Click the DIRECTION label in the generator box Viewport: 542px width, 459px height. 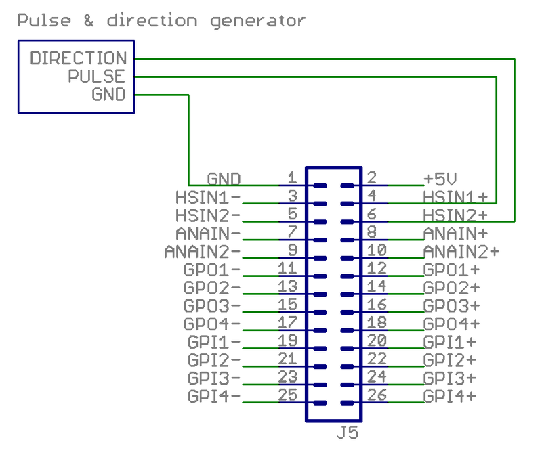[78, 58]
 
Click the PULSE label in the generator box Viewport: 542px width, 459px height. [96, 76]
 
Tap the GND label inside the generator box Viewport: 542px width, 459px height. [108, 95]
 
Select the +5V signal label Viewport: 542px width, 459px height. [440, 179]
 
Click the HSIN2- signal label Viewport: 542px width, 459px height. [208, 215]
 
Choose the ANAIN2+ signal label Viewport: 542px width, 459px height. [461, 252]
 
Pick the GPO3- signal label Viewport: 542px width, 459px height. [212, 305]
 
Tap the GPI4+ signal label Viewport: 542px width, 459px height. [450, 395]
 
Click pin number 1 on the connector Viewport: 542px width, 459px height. [292, 178]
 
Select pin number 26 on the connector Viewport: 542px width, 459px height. [377, 394]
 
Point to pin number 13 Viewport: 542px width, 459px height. [287, 286]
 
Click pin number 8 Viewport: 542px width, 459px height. [372, 232]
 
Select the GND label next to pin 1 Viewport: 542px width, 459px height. [224, 179]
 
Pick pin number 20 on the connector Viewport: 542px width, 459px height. [377, 340]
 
